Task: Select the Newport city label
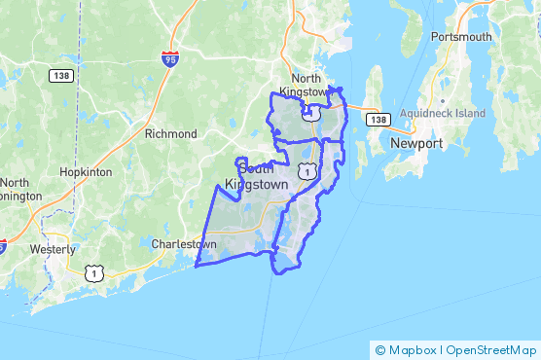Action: tap(416, 143)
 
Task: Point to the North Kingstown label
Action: tap(307, 86)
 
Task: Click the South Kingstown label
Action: tap(258, 174)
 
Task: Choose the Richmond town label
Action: tap(170, 133)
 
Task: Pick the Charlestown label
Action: tap(184, 244)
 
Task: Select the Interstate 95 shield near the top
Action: tap(170, 59)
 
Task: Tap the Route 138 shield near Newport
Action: tap(378, 119)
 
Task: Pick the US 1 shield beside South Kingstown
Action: tap(307, 171)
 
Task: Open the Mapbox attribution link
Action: tap(411, 349)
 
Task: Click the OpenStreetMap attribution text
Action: tap(491, 349)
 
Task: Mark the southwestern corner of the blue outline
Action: tap(196, 265)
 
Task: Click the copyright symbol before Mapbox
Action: tap(380, 349)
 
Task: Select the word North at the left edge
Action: tap(14, 182)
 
